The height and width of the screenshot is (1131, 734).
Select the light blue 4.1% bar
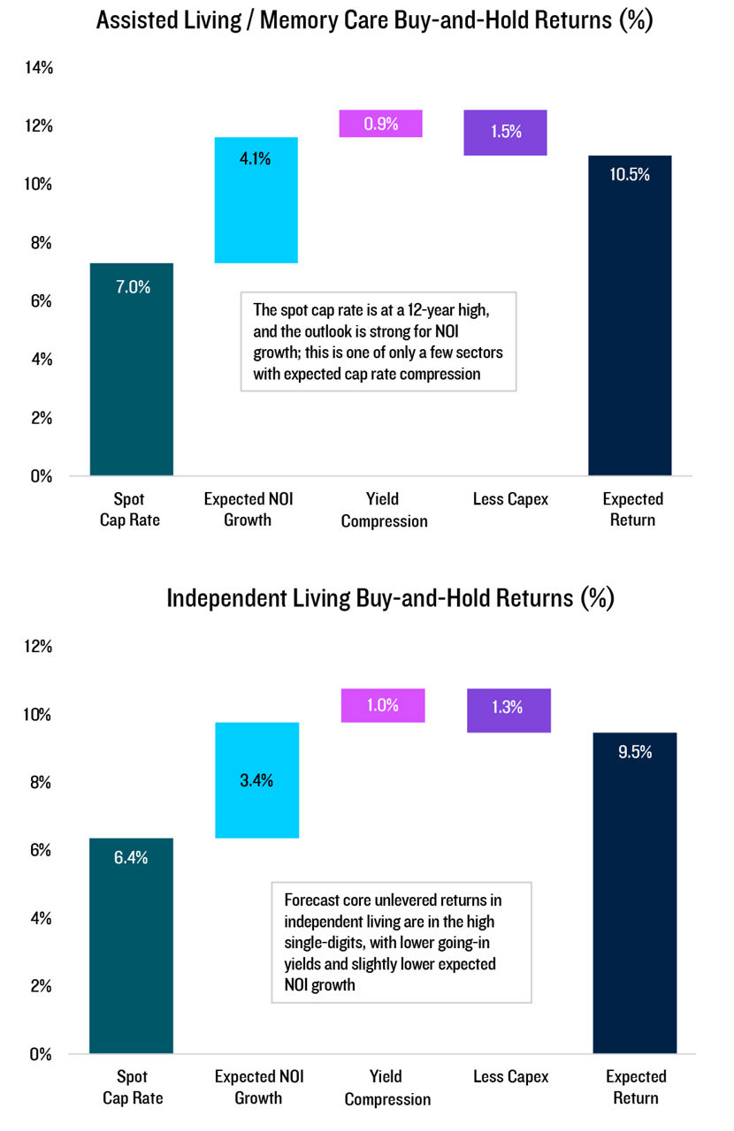[x=256, y=201]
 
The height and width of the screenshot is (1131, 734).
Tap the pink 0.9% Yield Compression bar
[x=381, y=124]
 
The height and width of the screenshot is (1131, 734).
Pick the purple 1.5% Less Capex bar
[x=506, y=133]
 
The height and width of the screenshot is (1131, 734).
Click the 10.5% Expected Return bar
[x=630, y=315]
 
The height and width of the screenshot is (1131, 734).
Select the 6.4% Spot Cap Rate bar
[x=132, y=945]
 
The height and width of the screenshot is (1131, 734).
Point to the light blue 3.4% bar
[x=257, y=780]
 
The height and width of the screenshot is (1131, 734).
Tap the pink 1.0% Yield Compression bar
[x=383, y=705]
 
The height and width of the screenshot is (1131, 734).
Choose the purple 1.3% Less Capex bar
[x=508, y=710]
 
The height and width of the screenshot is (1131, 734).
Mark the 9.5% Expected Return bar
[x=634, y=892]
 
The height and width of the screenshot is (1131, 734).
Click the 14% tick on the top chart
[x=37, y=67]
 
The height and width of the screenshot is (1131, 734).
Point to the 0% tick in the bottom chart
[x=42, y=1054]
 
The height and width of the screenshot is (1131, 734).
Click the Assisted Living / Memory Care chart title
[x=374, y=20]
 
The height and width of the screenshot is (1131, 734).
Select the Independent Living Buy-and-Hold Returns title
[x=390, y=598]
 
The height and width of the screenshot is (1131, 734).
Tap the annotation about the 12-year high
[x=378, y=341]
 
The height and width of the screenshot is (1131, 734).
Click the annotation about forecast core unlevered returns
[x=401, y=942]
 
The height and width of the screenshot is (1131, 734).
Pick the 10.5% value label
[x=630, y=175]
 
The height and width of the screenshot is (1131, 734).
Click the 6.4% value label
[x=131, y=857]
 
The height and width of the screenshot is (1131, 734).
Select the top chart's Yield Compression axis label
[x=384, y=510]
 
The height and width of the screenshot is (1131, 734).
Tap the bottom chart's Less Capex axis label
[x=510, y=1076]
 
